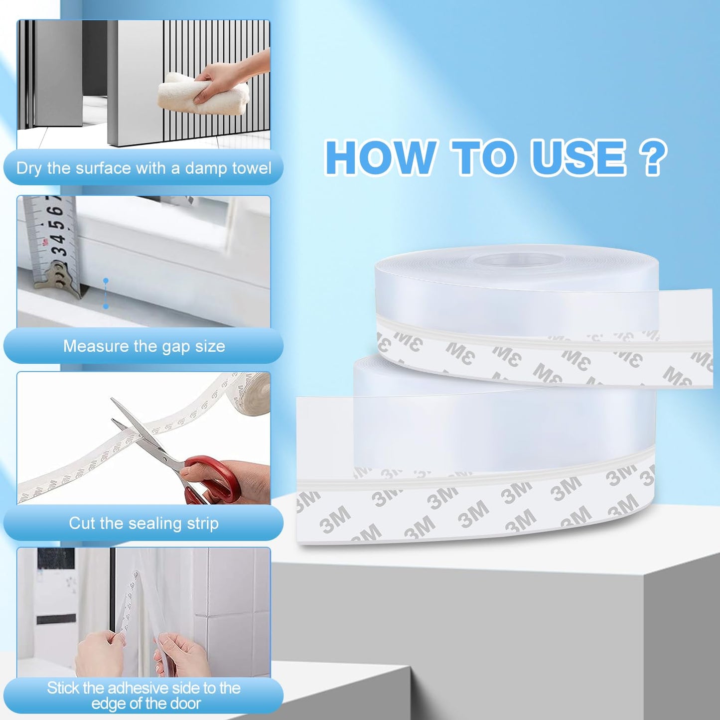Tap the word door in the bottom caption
click(x=185, y=704)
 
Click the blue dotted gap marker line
click(x=106, y=294)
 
